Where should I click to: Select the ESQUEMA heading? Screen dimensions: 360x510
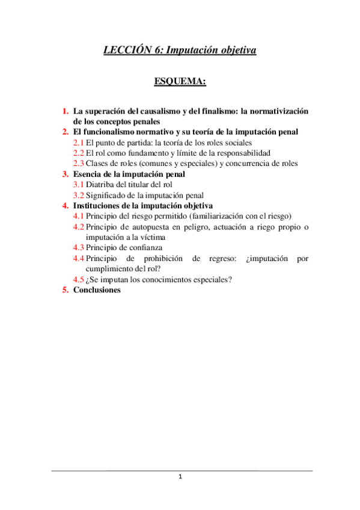pos(180,81)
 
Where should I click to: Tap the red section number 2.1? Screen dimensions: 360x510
pos(79,143)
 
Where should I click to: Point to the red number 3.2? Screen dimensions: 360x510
pos(79,195)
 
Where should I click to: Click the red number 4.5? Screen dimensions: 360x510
pos(79,279)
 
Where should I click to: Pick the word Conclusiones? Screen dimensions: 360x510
pos(97,289)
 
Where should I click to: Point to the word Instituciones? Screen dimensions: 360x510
pos(97,205)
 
